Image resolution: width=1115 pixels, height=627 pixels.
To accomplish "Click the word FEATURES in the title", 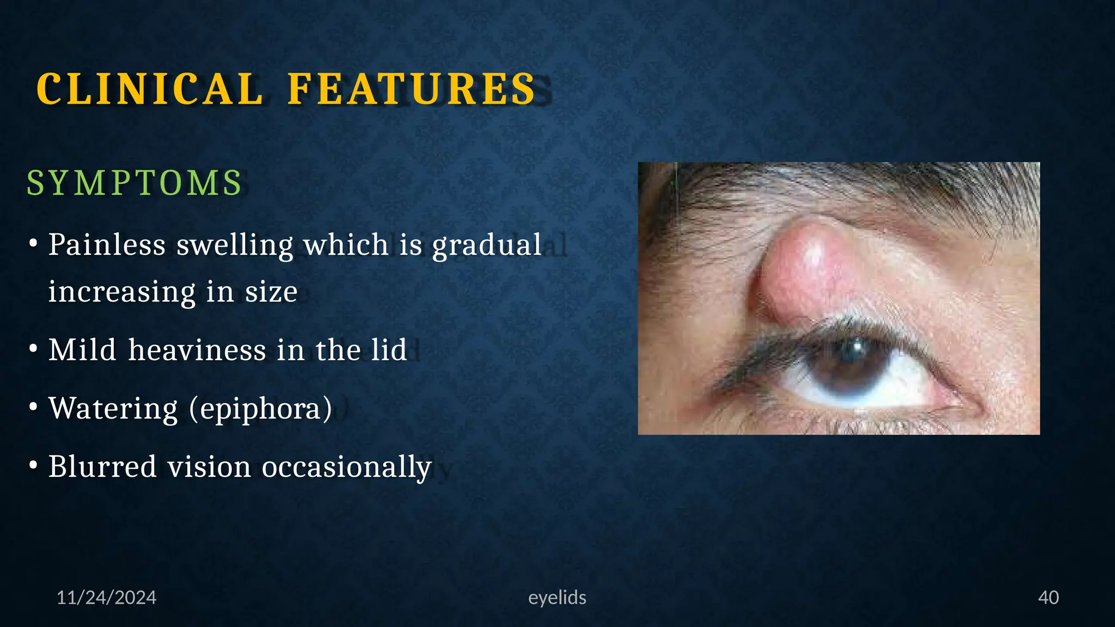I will (412, 89).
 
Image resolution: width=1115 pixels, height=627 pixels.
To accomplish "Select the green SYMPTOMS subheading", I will (134, 183).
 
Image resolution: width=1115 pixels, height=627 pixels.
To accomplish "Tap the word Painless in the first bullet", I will (107, 244).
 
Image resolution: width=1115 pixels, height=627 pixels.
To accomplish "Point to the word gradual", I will (487, 244).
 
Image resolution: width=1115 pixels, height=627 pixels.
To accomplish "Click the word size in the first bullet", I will (271, 292).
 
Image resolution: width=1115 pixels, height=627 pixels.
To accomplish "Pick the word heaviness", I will (197, 349).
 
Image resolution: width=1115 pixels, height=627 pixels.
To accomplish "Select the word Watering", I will (113, 408).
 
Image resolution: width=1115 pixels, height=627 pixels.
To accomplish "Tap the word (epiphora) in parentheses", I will (260, 408).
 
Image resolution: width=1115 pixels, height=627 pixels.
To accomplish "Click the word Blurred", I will (102, 466).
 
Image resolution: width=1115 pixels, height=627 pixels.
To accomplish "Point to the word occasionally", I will (347, 466).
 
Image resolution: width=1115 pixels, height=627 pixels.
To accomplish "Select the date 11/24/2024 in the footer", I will (106, 598).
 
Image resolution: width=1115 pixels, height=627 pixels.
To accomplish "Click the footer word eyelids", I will (557, 598).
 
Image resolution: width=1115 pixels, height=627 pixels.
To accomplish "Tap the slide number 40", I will (1048, 598).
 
